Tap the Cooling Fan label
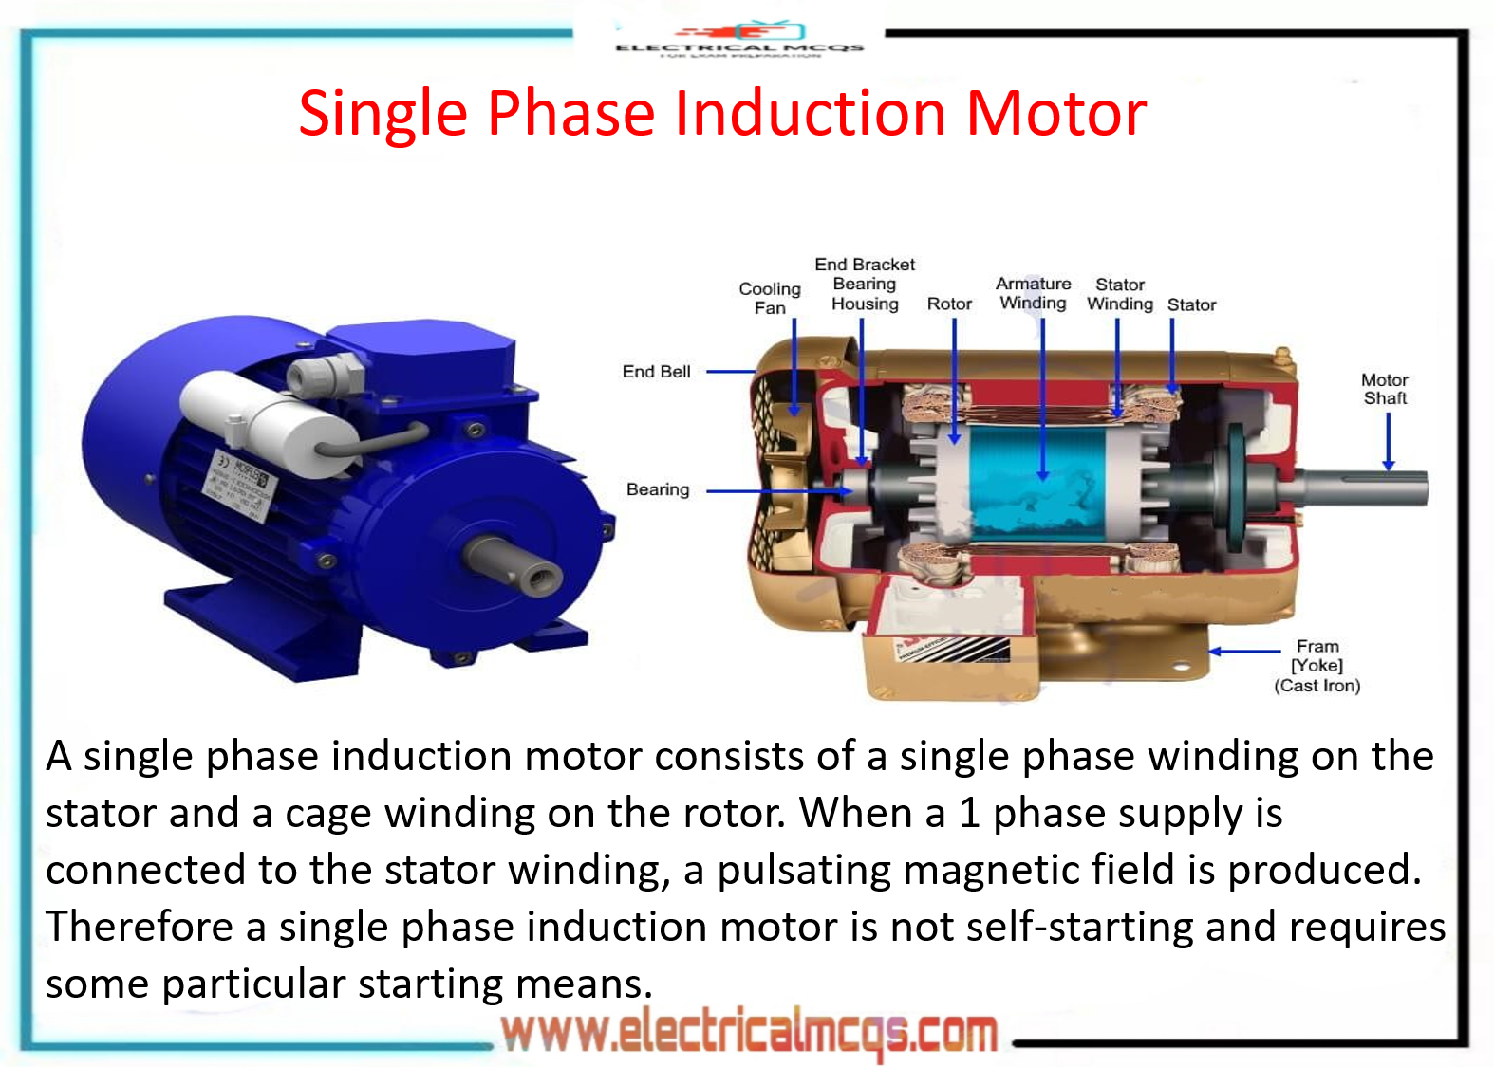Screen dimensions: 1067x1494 [x=770, y=298]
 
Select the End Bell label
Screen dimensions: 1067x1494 [x=656, y=372]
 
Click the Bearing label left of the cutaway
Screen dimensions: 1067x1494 [x=658, y=489]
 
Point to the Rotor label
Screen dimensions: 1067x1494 [x=949, y=304]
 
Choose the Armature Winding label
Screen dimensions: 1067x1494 [x=1033, y=293]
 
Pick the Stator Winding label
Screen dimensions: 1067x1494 [x=1120, y=294]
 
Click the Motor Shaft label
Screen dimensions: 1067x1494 [x=1385, y=389]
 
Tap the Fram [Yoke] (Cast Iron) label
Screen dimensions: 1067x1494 [x=1317, y=666]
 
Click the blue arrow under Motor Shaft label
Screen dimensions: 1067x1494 [x=1388, y=441]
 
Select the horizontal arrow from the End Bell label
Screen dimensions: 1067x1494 [x=731, y=372]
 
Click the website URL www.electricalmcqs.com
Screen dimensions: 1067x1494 [x=750, y=1033]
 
